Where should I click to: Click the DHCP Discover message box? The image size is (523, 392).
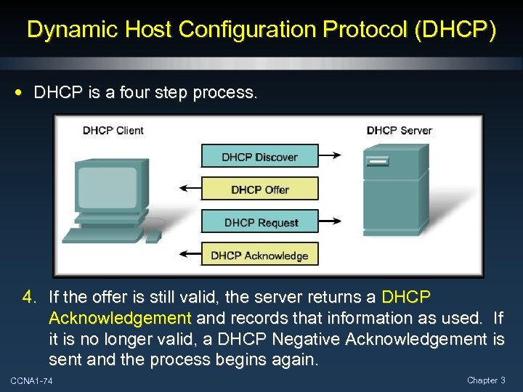[259, 157]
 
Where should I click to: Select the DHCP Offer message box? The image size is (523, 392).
[259, 189]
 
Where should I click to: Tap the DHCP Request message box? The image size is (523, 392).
[259, 222]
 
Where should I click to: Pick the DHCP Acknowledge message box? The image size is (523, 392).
[259, 255]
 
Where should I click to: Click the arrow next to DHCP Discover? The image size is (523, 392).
[332, 155]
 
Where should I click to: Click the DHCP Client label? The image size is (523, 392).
[113, 131]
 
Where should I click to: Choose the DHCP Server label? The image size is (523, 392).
[399, 131]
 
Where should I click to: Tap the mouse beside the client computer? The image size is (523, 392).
[153, 236]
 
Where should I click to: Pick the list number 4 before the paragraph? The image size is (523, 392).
[28, 298]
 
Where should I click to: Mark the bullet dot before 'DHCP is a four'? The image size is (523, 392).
[20, 93]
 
